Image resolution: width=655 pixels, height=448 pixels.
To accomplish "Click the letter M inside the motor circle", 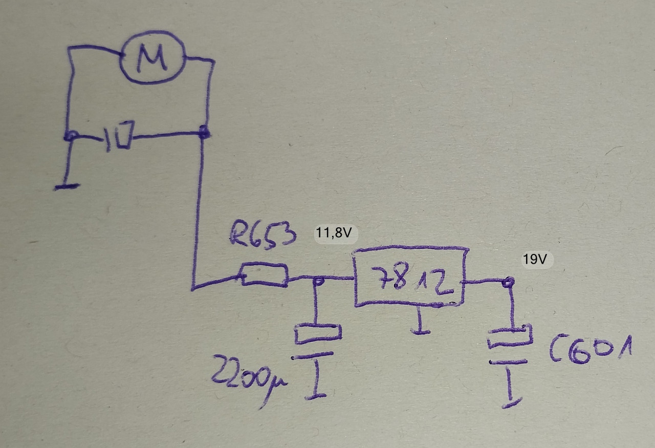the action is tap(152, 58).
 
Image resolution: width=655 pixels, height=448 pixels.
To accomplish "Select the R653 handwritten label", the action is tap(263, 234).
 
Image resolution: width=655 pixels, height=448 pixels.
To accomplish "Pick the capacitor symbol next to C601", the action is tap(510, 344).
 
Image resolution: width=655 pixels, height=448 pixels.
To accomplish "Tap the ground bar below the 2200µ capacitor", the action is tap(316, 396).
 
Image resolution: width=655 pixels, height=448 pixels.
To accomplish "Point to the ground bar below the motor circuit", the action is tap(66, 187).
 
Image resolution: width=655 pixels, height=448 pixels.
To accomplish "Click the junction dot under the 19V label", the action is tap(508, 282).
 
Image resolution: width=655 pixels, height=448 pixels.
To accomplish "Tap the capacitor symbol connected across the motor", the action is tap(119, 136).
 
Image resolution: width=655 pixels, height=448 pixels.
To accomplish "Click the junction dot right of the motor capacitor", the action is tap(204, 132).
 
